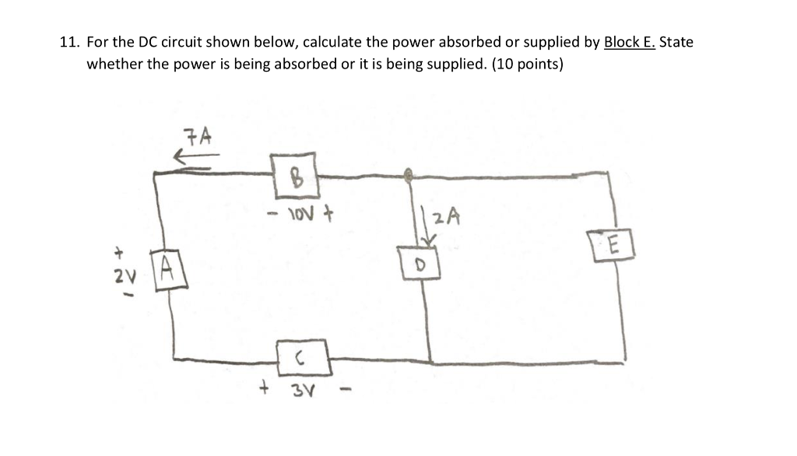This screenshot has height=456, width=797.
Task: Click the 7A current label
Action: tap(198, 138)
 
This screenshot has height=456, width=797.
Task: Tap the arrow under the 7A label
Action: tap(195, 159)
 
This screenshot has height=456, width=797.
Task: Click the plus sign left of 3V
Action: tap(265, 385)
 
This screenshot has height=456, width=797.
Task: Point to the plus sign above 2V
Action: tap(121, 253)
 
